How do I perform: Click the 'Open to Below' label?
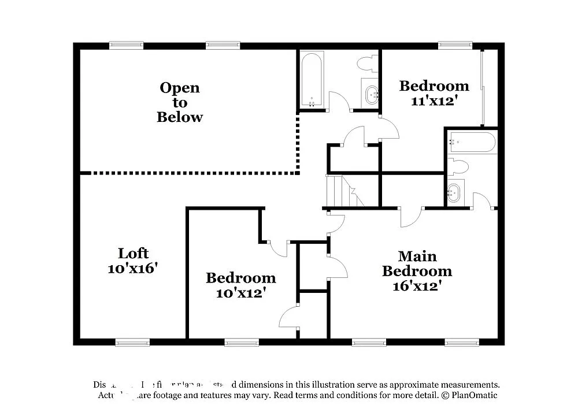pos(180,102)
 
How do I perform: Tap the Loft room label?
pos(134,254)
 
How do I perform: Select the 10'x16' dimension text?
pos(133,269)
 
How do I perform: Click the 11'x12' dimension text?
pos(434,101)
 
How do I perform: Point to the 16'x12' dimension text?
pos(417,285)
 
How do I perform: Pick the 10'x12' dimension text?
pos(240,293)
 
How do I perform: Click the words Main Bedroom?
pos(417,263)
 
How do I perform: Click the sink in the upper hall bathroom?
pos(371,93)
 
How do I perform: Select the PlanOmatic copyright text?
pos(469,396)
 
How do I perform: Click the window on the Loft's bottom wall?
pos(132,342)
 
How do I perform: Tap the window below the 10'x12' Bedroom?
pos(242,342)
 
